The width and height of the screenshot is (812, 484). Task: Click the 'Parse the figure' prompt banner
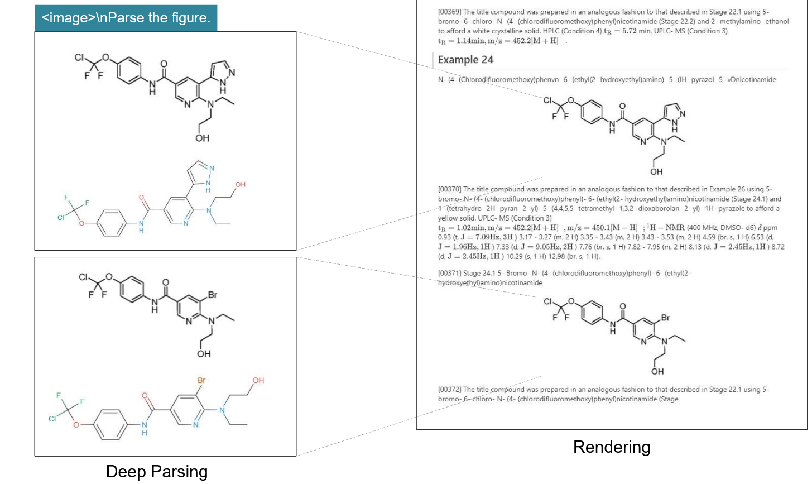(x=126, y=18)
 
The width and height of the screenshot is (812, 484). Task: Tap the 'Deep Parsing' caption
(x=156, y=471)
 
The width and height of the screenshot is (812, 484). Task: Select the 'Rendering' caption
(x=611, y=447)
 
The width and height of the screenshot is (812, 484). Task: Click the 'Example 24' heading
(x=465, y=60)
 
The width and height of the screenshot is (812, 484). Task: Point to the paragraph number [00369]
(x=449, y=12)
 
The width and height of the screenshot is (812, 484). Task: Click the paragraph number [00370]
(x=449, y=189)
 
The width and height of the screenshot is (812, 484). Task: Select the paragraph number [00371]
(x=449, y=273)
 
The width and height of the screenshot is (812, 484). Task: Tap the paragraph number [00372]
(x=449, y=389)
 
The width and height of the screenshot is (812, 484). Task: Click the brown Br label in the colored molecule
(x=201, y=380)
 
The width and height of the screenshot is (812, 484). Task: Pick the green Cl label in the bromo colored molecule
(x=52, y=419)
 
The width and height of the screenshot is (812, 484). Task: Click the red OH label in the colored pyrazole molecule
(x=240, y=184)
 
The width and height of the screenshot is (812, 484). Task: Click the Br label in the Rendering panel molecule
(x=665, y=318)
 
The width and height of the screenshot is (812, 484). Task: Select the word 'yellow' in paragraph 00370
(x=448, y=218)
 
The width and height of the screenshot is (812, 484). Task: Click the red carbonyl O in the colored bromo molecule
(x=145, y=396)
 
